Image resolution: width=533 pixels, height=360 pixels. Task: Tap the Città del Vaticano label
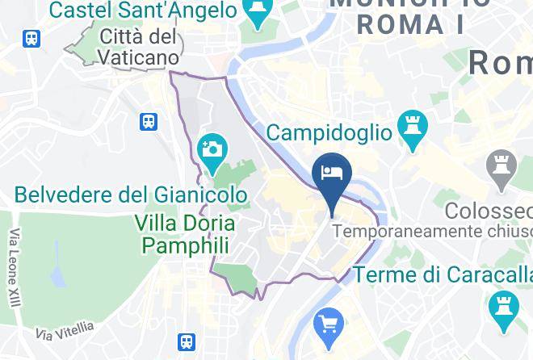coord(140,47)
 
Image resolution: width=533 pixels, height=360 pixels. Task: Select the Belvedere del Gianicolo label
coord(131,195)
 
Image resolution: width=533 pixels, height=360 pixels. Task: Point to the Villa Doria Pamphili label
coord(186,234)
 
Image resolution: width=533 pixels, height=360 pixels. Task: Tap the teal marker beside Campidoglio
coord(412,130)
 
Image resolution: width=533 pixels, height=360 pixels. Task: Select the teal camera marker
coord(213,153)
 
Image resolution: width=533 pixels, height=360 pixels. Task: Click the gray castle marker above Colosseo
coord(502,168)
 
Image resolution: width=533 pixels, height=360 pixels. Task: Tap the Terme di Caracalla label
coord(443,274)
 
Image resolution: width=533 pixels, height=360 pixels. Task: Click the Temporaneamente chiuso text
coord(431,232)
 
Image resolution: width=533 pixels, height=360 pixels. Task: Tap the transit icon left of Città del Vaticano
coord(32,39)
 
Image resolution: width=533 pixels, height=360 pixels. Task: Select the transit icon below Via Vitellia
coord(187,342)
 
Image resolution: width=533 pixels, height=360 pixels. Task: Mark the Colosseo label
coord(489,211)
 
